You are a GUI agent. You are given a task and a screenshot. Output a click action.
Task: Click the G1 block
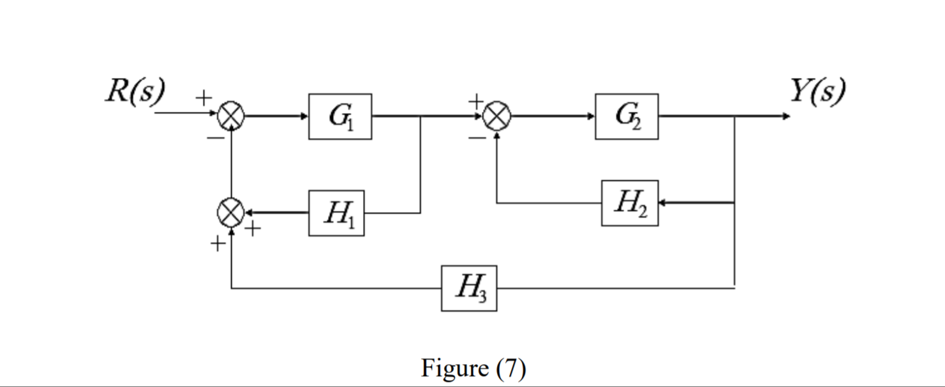[340, 116]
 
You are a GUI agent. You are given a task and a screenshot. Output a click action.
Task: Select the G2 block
[627, 116]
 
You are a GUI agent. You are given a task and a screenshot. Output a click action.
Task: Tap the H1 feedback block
[336, 213]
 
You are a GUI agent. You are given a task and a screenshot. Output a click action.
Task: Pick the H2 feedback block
[629, 203]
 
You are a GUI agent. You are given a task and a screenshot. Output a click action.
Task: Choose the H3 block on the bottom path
[469, 288]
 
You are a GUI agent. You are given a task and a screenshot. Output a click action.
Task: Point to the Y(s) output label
[817, 91]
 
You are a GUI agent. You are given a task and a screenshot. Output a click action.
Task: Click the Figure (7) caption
[473, 368]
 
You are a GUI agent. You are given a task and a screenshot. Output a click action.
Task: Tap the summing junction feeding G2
[496, 116]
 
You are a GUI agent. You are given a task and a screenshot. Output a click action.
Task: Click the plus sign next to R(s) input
[203, 98]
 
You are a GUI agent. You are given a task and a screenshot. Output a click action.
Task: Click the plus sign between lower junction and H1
[253, 229]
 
